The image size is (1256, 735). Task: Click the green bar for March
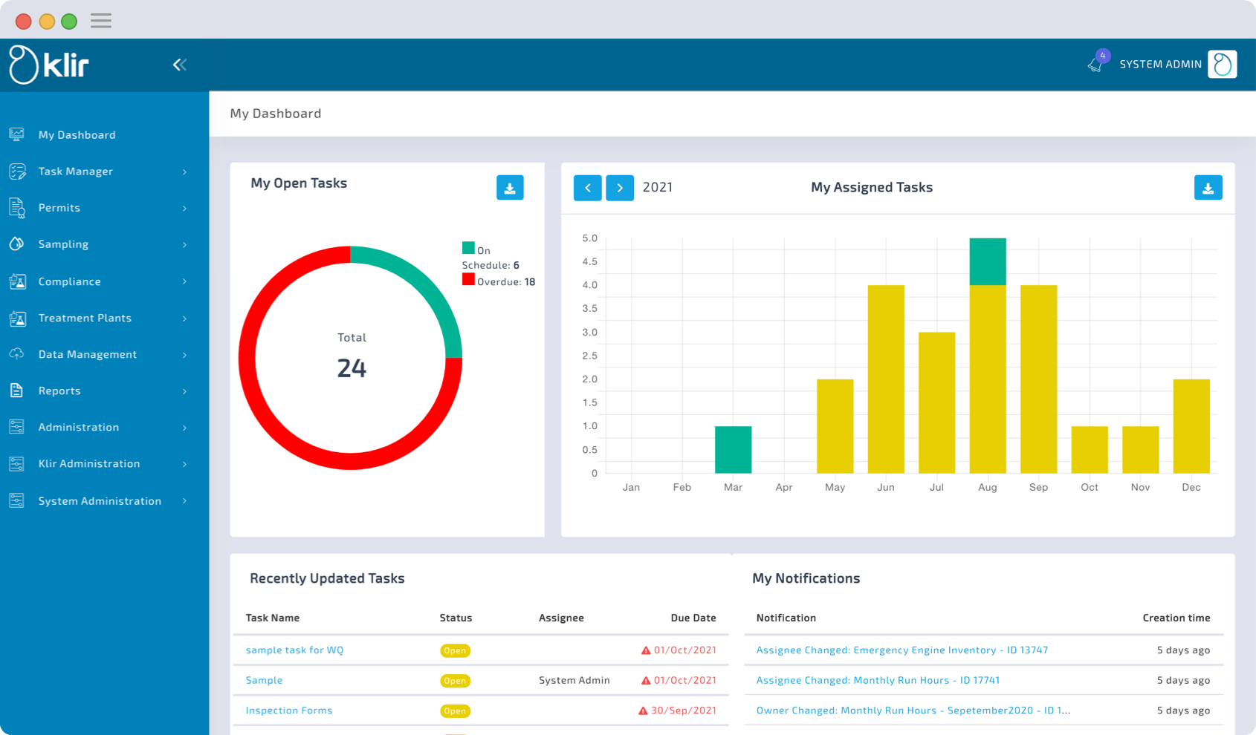[x=733, y=450]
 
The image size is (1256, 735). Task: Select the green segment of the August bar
[x=988, y=261]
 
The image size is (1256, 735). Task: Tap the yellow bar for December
[x=1191, y=426]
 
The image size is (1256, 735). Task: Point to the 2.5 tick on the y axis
[x=589, y=356]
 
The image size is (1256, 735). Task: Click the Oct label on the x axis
[x=1090, y=487]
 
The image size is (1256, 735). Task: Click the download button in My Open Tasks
[x=510, y=188]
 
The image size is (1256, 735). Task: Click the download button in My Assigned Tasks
[x=1208, y=188]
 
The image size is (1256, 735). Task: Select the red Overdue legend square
[x=468, y=280]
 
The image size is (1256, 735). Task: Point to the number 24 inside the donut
[x=352, y=368]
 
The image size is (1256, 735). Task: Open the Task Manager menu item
[x=76, y=171]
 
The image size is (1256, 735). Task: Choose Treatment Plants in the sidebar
[x=85, y=318]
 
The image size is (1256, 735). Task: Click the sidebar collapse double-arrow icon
[x=180, y=65]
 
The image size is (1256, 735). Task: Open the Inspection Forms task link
[x=289, y=710]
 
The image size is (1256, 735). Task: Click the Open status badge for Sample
[x=455, y=681]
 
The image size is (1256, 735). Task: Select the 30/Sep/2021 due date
[x=683, y=710]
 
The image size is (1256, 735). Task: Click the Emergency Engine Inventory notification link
[x=901, y=650]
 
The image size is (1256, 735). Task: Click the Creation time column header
[x=1176, y=618]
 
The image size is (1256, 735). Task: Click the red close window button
[x=24, y=21]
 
